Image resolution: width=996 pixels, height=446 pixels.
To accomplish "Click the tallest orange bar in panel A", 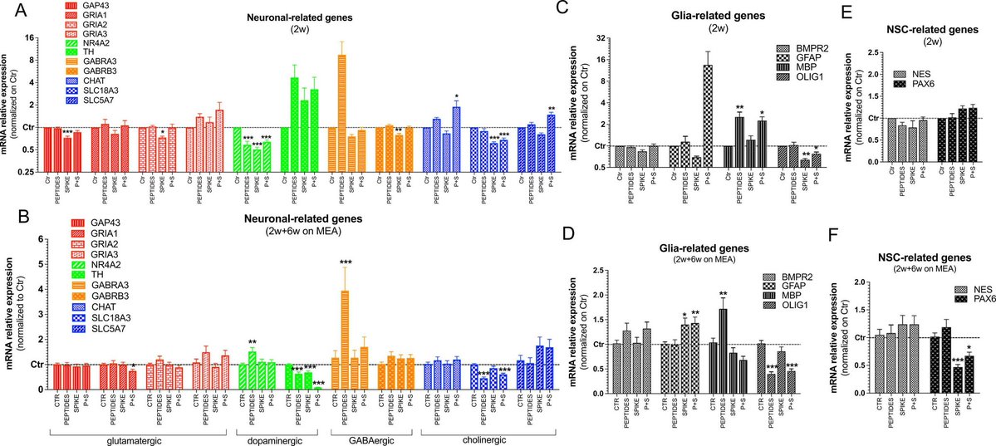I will click(x=341, y=91).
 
